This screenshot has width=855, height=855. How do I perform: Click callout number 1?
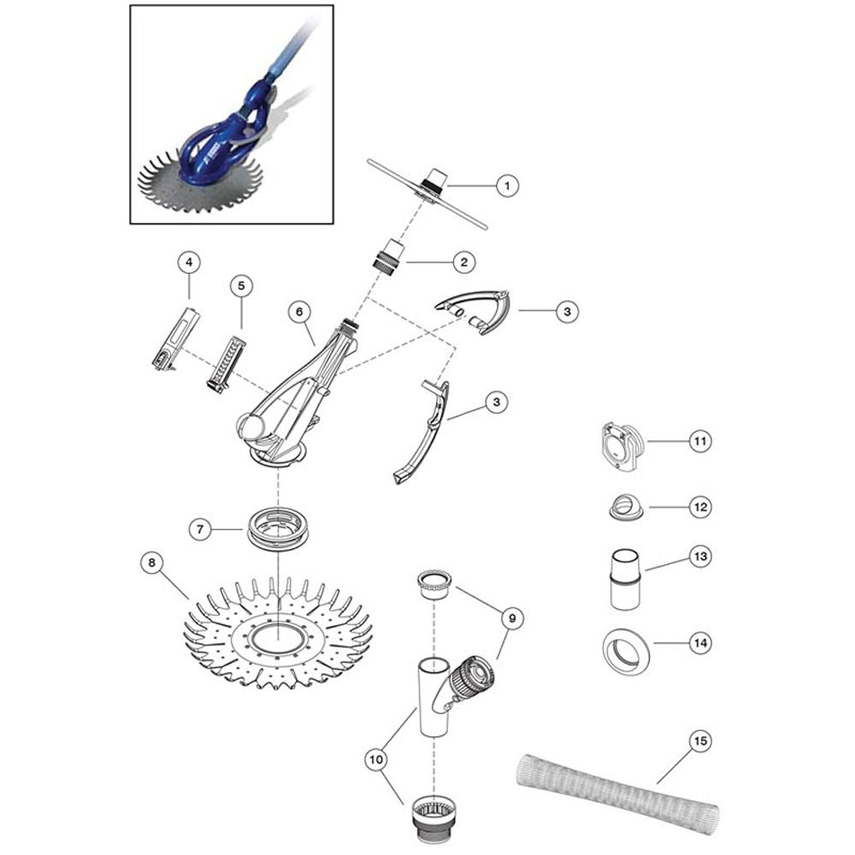coord(507,186)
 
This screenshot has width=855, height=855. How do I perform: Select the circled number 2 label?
coord(463,262)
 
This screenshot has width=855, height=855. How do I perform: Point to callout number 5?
coord(241,286)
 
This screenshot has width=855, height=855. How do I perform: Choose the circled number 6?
coord(299,311)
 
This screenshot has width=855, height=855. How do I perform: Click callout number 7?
coord(200,529)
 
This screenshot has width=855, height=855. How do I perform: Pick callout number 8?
coord(152,563)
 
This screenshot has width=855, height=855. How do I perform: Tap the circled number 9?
coord(512,618)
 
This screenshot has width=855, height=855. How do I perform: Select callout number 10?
coord(376,759)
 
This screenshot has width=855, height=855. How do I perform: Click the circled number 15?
coord(701,741)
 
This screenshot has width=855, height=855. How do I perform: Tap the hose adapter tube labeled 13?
coord(626,578)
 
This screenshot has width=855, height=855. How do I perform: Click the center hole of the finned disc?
coord(278,640)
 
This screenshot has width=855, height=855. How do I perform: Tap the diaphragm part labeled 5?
coord(225,363)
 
